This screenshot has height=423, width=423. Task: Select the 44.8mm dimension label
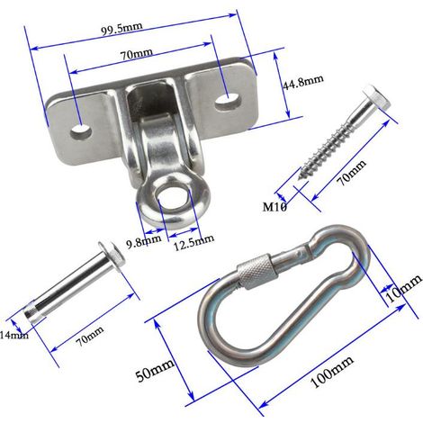[x=303, y=82]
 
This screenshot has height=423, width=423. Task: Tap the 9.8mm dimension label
[x=144, y=241]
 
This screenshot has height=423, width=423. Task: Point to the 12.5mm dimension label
[x=193, y=243]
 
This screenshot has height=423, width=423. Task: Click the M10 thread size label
[x=274, y=206]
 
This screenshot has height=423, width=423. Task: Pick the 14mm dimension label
[x=14, y=334]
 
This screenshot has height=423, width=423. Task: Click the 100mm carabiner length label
[x=331, y=372]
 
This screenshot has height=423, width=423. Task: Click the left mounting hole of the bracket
[x=81, y=131]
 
